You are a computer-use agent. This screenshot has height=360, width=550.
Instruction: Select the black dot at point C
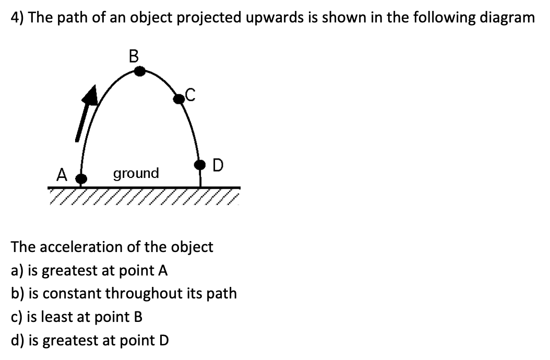[x=180, y=98]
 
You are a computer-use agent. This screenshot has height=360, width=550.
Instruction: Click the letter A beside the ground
[x=63, y=174]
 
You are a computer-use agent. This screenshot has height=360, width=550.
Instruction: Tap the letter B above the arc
[x=134, y=56]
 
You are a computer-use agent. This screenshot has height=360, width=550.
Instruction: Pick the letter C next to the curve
[x=190, y=94]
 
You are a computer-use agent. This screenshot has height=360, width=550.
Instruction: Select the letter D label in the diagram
[x=218, y=165]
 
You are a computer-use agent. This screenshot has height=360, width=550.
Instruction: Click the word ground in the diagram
[x=136, y=173]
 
